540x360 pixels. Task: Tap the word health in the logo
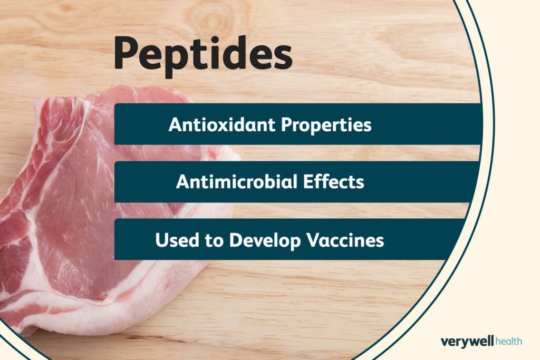[509, 342]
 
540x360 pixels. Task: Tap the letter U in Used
[160, 240]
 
